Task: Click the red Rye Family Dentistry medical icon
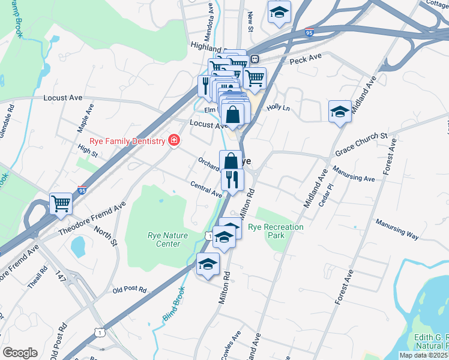click(x=174, y=140)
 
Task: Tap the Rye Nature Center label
click(x=164, y=239)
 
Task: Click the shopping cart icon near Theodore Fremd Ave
click(x=61, y=204)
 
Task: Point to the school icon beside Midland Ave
click(x=340, y=112)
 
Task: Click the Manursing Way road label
click(x=397, y=230)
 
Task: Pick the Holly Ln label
click(x=279, y=107)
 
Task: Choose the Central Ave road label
click(x=206, y=189)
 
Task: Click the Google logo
click(x=20, y=353)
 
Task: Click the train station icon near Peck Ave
click(x=255, y=59)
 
